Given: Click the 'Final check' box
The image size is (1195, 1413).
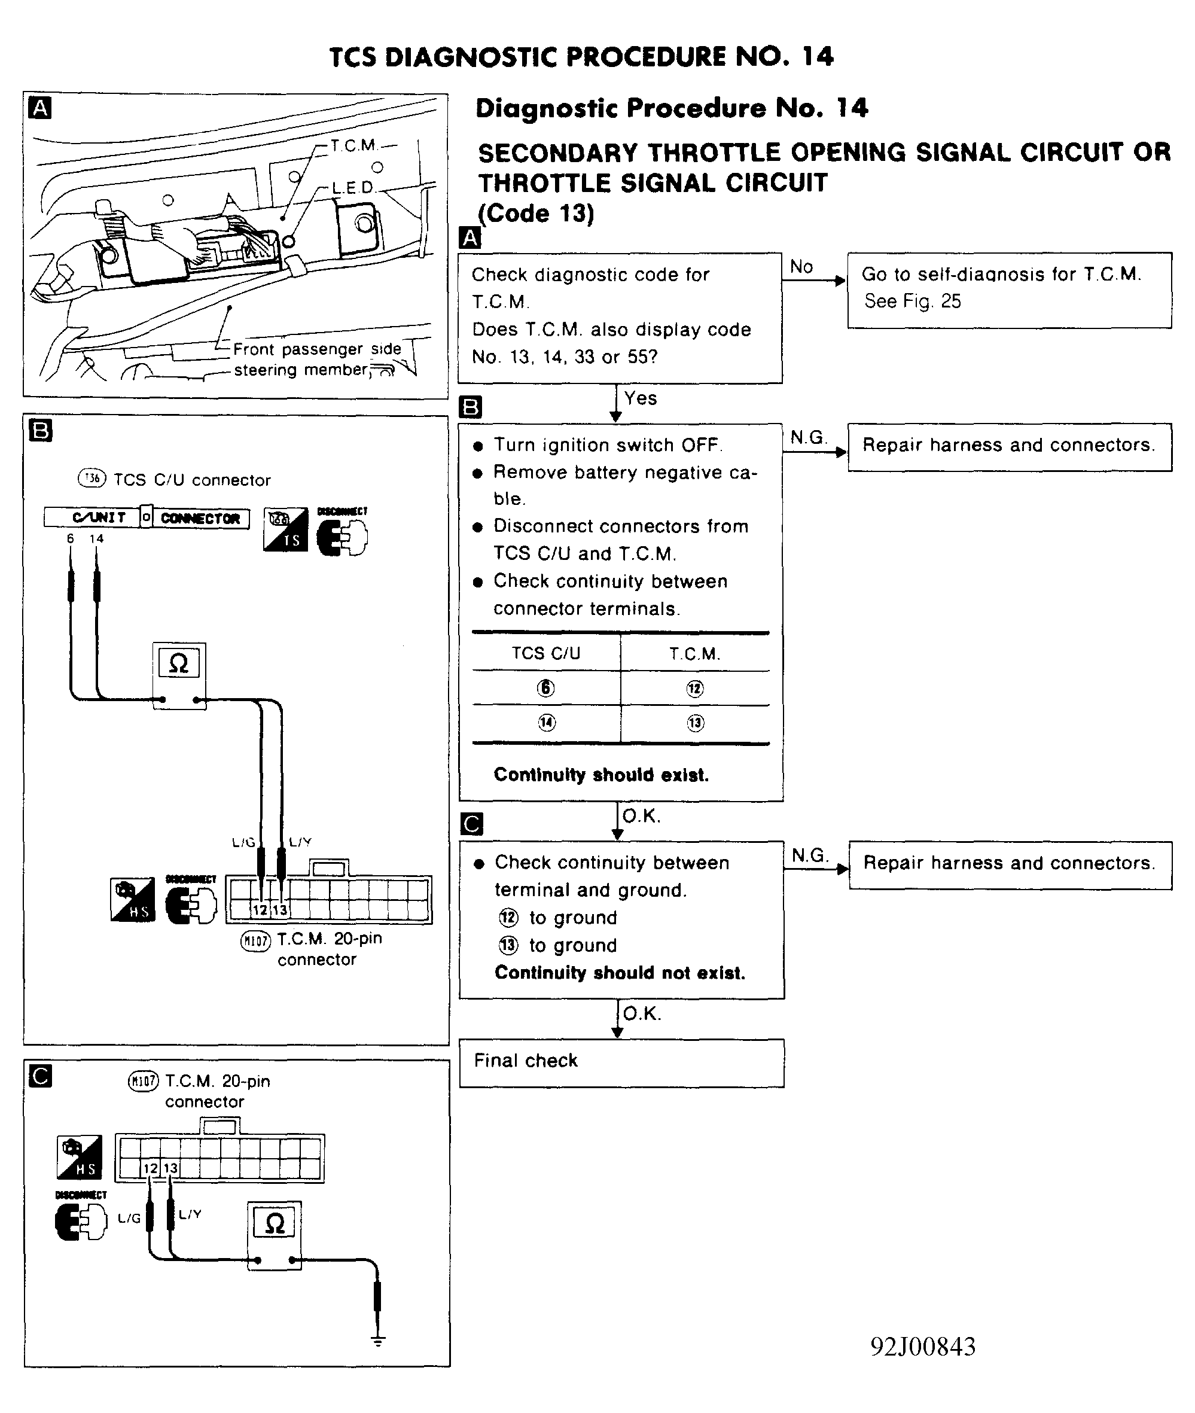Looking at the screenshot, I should [621, 1062].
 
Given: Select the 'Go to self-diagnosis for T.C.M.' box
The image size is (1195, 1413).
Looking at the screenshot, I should [1009, 290].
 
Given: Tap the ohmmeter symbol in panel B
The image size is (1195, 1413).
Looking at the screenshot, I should [179, 663].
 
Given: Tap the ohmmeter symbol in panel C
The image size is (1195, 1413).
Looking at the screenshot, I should [275, 1223].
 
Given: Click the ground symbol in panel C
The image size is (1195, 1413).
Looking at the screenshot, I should [378, 1341].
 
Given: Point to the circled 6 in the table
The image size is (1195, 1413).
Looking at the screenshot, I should [546, 689].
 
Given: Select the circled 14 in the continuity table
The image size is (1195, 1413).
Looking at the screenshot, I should [546, 723].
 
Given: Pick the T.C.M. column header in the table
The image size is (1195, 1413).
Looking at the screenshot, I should [694, 653].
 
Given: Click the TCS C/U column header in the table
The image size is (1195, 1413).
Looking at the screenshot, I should [546, 653].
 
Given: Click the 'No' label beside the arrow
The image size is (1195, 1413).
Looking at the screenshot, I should [801, 267].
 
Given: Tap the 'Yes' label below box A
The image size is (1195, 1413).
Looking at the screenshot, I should [641, 398].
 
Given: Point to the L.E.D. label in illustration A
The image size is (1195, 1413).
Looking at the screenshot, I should [352, 187].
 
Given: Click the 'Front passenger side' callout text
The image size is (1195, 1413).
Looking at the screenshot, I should [317, 349].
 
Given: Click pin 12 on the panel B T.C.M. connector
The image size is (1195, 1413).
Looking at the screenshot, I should [260, 910].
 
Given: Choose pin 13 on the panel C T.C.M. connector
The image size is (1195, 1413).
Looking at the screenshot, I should [170, 1168].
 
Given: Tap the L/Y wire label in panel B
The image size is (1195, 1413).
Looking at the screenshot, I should [300, 842].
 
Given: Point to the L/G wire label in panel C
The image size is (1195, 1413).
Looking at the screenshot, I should [129, 1218].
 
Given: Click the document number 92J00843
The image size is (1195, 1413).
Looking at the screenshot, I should [923, 1347].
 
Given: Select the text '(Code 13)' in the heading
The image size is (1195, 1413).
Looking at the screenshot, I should [536, 214].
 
